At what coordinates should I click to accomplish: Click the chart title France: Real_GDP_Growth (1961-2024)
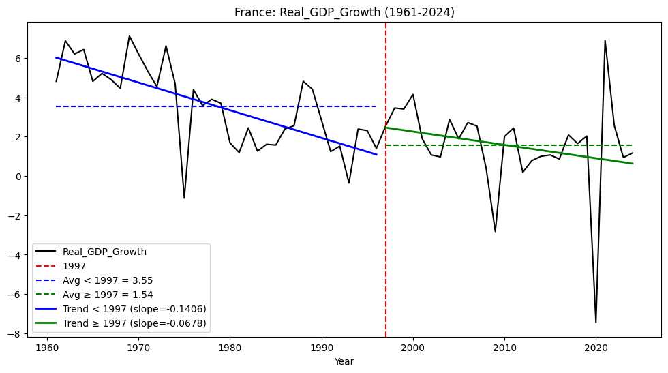click(x=344, y=12)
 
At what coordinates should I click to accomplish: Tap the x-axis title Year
click(x=344, y=362)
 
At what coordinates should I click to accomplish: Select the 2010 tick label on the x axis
click(x=504, y=347)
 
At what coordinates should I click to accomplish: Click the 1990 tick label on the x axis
click(x=321, y=347)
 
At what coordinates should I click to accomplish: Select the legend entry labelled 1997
click(x=74, y=266)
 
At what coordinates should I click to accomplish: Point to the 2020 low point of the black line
click(x=596, y=322)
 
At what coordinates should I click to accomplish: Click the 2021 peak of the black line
click(x=605, y=40)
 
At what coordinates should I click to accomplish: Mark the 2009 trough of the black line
click(x=496, y=232)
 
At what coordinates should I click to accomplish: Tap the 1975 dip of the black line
click(x=184, y=198)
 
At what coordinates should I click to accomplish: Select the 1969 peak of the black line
click(x=130, y=36)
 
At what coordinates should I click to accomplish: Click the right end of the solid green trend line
click(x=633, y=164)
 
